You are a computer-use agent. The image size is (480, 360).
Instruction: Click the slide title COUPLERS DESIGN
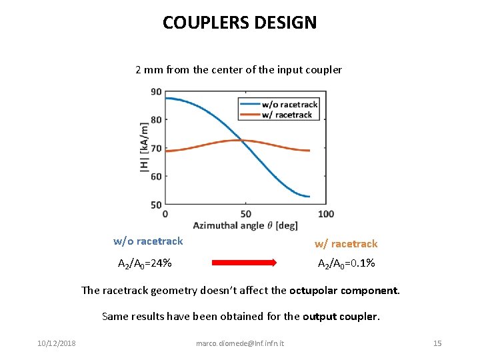pyautogui.click(x=240, y=23)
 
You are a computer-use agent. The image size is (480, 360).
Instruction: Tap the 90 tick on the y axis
pyautogui.click(x=156, y=92)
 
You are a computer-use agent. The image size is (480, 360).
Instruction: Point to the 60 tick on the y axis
pyautogui.click(x=156, y=177)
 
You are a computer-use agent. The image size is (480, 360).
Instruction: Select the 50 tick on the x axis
pyautogui.click(x=245, y=213)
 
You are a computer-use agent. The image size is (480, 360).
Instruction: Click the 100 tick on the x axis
pyautogui.click(x=326, y=213)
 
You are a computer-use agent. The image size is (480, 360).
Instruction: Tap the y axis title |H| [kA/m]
pyautogui.click(x=145, y=148)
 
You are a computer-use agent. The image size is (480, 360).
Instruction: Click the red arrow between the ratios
pyautogui.click(x=245, y=263)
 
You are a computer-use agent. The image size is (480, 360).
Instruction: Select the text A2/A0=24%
pyautogui.click(x=145, y=263)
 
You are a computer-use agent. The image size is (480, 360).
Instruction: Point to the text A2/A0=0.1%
pyautogui.click(x=346, y=263)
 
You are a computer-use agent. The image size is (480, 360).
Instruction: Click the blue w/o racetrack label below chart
pyautogui.click(x=148, y=241)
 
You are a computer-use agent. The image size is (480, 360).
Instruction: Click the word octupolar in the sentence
pyautogui.click(x=313, y=290)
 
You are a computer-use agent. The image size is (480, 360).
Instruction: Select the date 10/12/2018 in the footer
pyautogui.click(x=57, y=343)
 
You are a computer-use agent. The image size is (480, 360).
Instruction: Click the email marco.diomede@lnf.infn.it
pyautogui.click(x=240, y=343)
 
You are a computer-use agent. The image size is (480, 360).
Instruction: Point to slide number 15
pyautogui.click(x=437, y=343)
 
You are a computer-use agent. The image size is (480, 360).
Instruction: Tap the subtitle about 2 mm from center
pyautogui.click(x=239, y=69)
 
